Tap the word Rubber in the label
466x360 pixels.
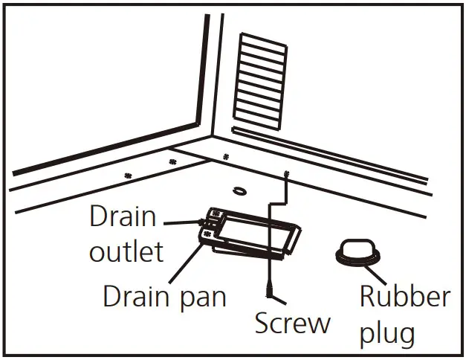[404, 297]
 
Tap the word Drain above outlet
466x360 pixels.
[123, 217]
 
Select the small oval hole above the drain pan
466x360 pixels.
[240, 191]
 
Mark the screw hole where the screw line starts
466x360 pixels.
[286, 173]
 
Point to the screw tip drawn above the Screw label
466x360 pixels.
[266, 287]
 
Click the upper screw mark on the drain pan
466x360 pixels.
[216, 213]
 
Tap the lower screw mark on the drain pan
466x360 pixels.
[207, 234]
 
